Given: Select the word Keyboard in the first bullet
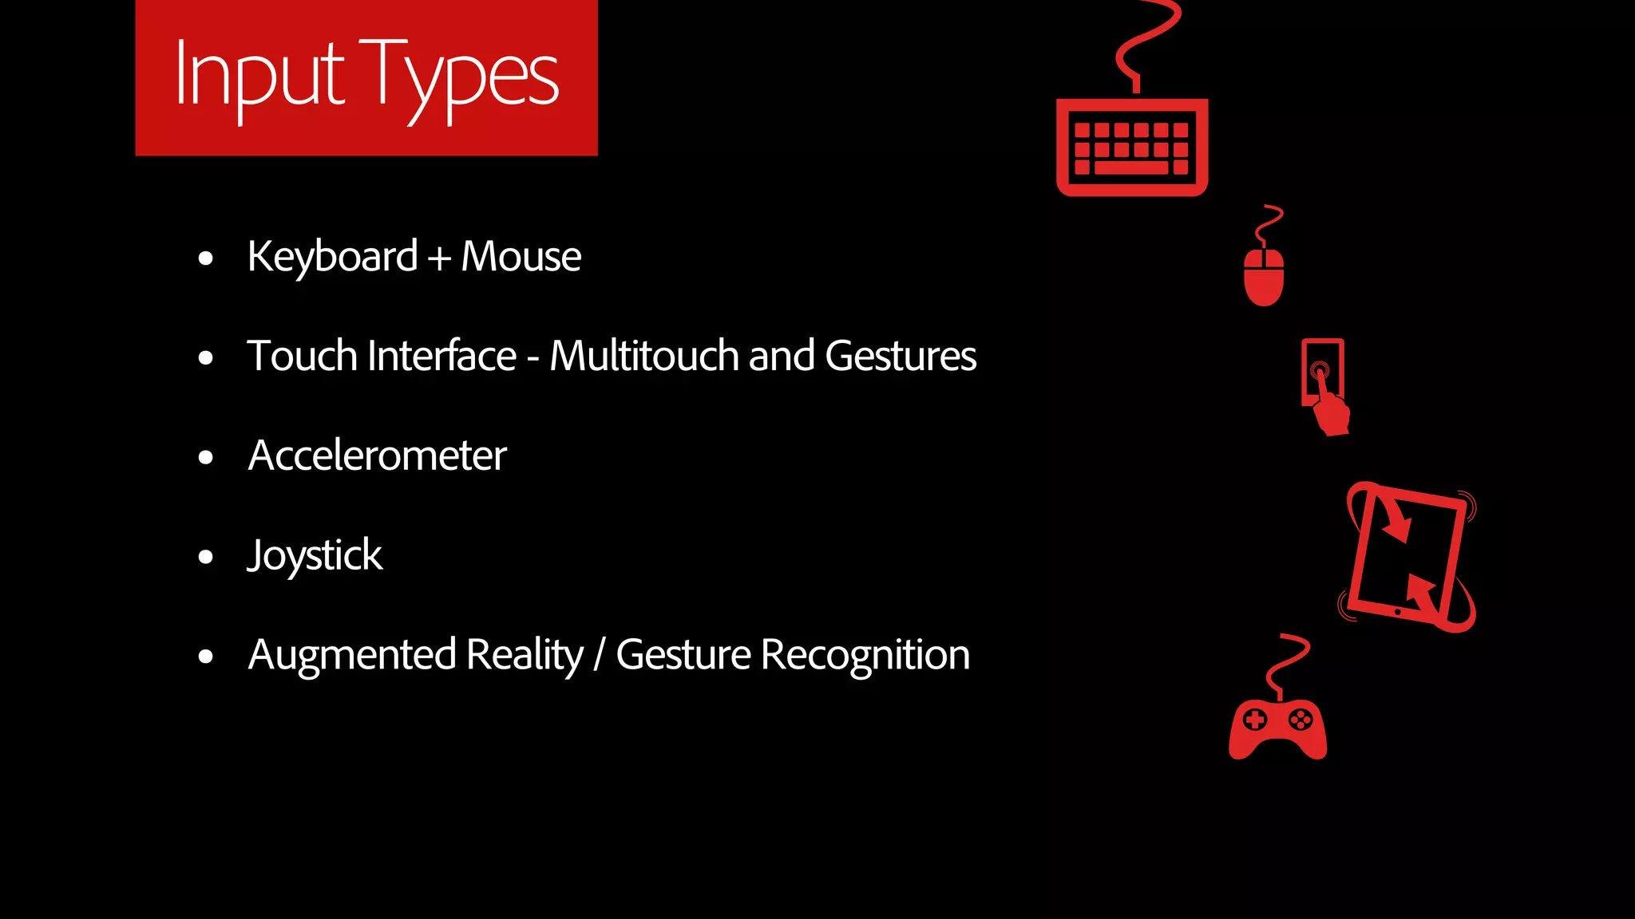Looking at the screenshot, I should coord(332,257).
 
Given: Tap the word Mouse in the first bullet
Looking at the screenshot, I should coord(521,257).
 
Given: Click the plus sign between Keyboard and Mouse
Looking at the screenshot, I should coord(438,259).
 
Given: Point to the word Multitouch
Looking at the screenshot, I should coord(643,356).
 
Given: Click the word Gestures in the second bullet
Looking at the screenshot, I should coord(900,356).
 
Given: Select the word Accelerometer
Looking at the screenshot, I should coord(377,456).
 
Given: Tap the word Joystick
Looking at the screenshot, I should coord(315,556).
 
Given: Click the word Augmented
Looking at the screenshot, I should coord(351,655).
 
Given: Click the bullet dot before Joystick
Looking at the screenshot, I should coord(206,557).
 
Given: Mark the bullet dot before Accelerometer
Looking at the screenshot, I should coord(206,457).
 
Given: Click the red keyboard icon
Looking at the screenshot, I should coord(1132,147).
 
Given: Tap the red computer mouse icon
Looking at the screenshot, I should coord(1264,276).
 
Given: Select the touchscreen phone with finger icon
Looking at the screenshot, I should coord(1324,385).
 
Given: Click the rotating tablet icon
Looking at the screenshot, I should coord(1408,557).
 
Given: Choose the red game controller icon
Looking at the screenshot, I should coord(1277,727).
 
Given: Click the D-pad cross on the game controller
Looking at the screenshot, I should coord(1255,720).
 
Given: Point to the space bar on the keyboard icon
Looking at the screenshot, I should coord(1131,168).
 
